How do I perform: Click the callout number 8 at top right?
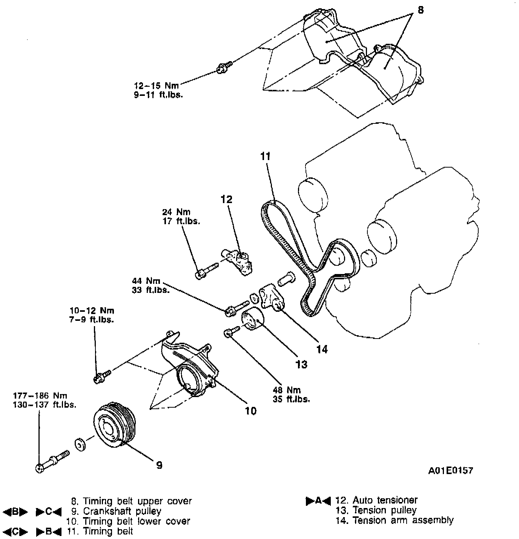(421, 10)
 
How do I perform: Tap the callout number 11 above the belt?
(266, 156)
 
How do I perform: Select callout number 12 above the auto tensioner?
(226, 199)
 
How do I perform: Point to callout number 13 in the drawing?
(301, 364)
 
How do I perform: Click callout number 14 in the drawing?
(322, 350)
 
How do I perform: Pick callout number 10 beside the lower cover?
(250, 411)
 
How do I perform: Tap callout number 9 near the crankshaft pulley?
(159, 465)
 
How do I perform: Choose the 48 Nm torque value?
(286, 390)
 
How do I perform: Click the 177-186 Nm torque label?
(40, 396)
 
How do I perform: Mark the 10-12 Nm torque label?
(92, 311)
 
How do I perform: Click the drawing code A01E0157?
(450, 471)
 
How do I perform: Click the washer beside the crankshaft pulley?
(80, 444)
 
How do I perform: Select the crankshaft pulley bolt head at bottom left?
(40, 468)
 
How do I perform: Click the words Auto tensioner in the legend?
(385, 500)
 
